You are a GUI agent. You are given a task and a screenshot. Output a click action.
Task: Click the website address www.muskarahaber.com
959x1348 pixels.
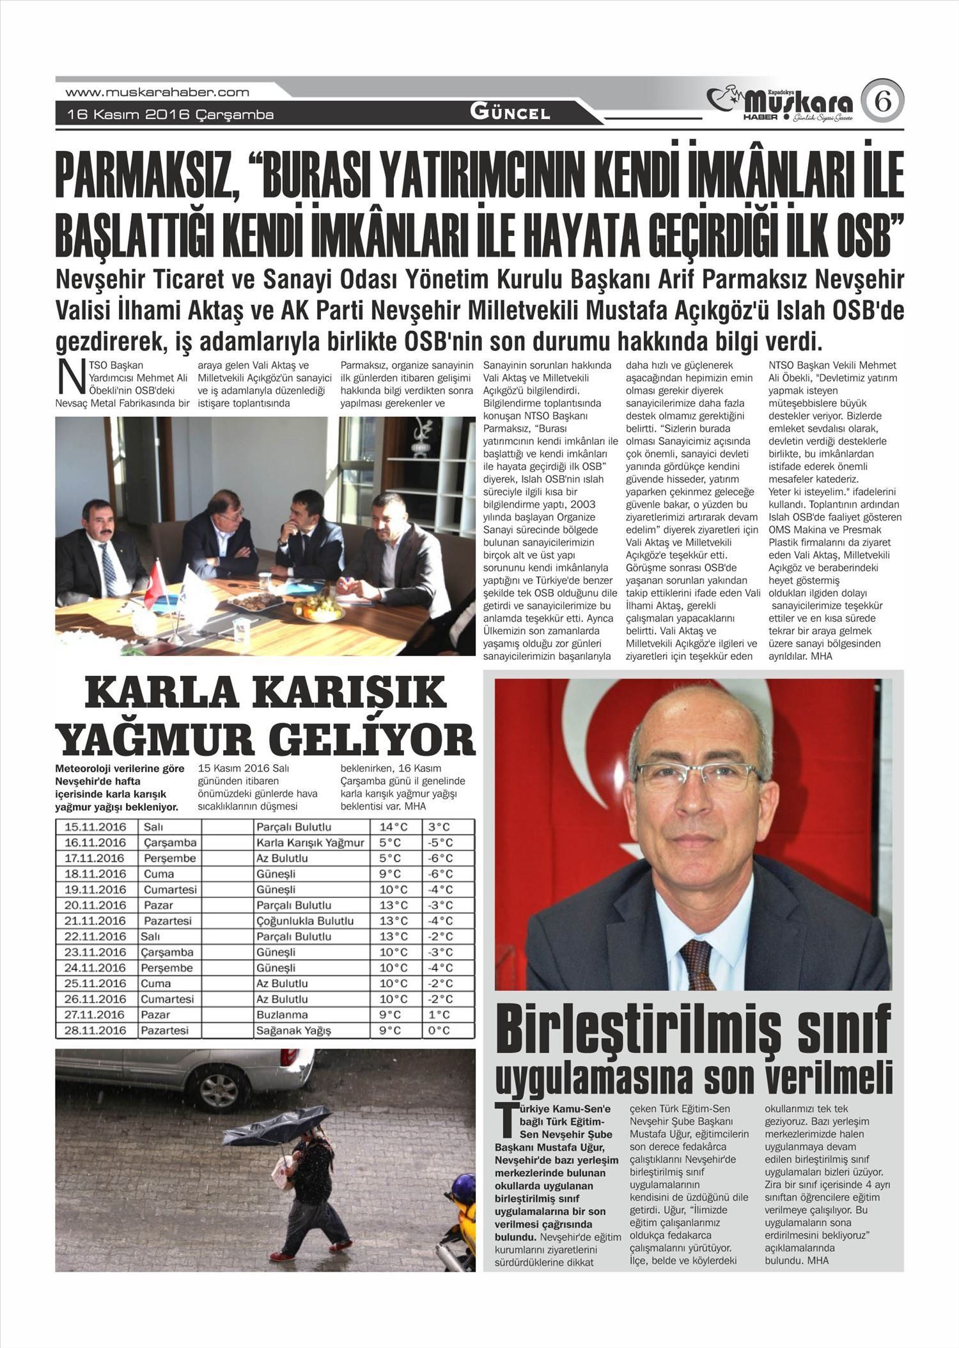click(157, 92)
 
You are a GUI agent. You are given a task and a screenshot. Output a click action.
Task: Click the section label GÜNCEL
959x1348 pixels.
click(510, 113)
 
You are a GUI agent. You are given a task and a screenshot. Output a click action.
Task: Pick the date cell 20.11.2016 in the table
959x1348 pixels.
click(95, 905)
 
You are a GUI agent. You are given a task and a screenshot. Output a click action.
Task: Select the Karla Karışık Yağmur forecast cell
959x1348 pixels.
click(310, 842)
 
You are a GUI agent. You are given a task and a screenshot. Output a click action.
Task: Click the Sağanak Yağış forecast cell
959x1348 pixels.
click(293, 1030)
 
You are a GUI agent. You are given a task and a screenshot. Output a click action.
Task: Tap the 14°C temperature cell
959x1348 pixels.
click(394, 827)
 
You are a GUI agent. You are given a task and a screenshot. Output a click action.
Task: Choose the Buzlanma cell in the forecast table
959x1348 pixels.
click(282, 1014)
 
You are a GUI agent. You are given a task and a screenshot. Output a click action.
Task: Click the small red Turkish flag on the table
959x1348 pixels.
click(155, 585)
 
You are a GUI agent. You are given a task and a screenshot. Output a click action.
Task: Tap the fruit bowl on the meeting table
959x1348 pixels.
click(318, 606)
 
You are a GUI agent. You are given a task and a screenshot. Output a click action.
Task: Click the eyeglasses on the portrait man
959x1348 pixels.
click(698, 776)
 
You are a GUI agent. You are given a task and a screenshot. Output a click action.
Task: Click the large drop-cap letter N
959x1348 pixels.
click(68, 378)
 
